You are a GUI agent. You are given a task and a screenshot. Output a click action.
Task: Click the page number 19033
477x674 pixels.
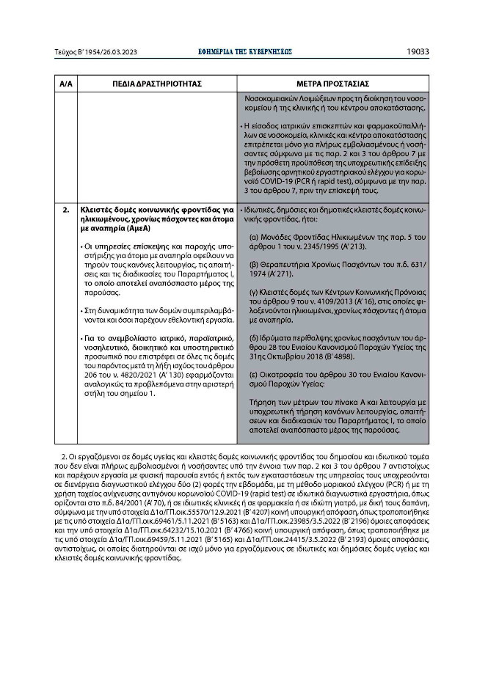[x=418, y=52]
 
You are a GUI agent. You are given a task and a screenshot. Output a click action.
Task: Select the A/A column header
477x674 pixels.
[x=65, y=84]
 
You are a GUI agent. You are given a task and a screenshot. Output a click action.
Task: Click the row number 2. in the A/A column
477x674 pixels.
[x=65, y=210]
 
